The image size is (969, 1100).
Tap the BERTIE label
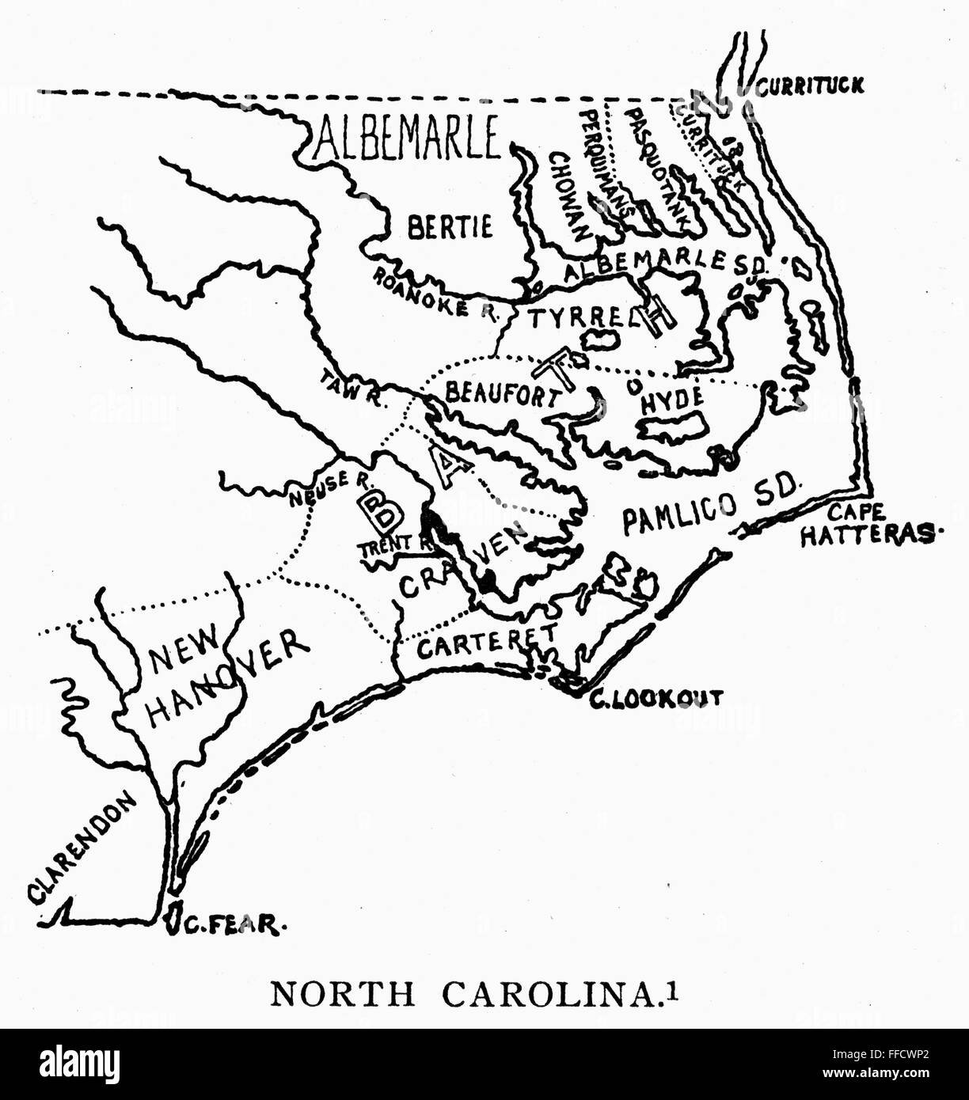[449, 227]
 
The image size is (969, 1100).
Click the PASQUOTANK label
[655, 161]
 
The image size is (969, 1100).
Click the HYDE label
[671, 401]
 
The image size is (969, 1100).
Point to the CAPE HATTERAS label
[865, 526]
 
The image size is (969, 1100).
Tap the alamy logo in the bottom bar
[79, 1064]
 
